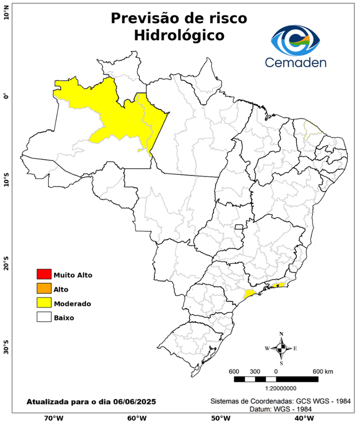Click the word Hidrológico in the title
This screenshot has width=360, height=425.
click(179, 35)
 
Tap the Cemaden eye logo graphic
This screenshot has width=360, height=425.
click(298, 39)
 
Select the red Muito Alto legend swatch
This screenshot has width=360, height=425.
click(44, 274)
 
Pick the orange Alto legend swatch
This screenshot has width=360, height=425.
click(44, 288)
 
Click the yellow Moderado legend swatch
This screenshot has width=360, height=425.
click(44, 303)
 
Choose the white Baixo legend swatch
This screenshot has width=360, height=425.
click(44, 317)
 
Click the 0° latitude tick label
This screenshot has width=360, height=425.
click(6, 96)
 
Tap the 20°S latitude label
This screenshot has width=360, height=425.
click(6, 264)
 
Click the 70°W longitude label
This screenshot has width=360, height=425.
click(54, 418)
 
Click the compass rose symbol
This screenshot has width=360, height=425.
click(281, 348)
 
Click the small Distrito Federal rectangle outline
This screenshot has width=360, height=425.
click(239, 226)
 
